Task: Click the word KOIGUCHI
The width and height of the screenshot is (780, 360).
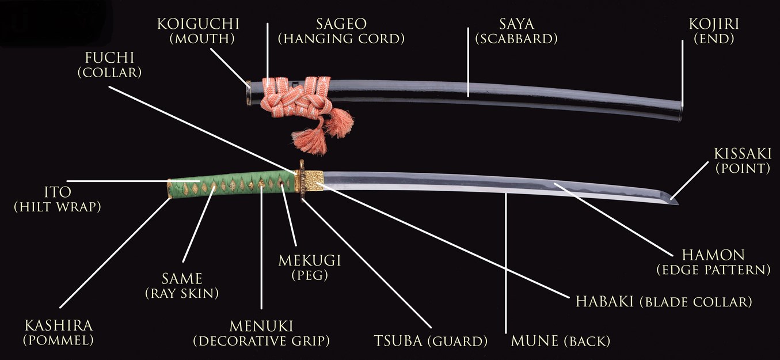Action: [x=198, y=24]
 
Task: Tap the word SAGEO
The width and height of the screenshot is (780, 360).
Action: [x=341, y=24]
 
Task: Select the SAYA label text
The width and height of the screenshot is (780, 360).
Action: [x=516, y=24]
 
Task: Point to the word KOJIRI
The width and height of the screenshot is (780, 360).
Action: [x=714, y=24]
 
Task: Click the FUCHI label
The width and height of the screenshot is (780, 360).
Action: [x=110, y=58]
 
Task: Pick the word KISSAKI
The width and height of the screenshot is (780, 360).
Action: [x=743, y=154]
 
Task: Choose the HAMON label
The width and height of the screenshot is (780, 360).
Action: [x=713, y=255]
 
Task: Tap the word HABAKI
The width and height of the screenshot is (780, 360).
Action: [x=604, y=302]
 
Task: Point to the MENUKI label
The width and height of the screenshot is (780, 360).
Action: [x=261, y=326]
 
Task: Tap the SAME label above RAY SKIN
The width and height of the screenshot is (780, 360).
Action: [x=182, y=279]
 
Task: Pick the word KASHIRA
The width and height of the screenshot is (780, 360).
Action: [x=59, y=325]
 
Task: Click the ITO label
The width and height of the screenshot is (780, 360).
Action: [x=58, y=192]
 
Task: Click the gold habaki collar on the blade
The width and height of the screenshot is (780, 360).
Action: [x=314, y=181]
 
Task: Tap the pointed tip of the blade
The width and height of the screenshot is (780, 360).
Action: [x=678, y=203]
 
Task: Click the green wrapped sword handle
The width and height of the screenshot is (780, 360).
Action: [x=231, y=184]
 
